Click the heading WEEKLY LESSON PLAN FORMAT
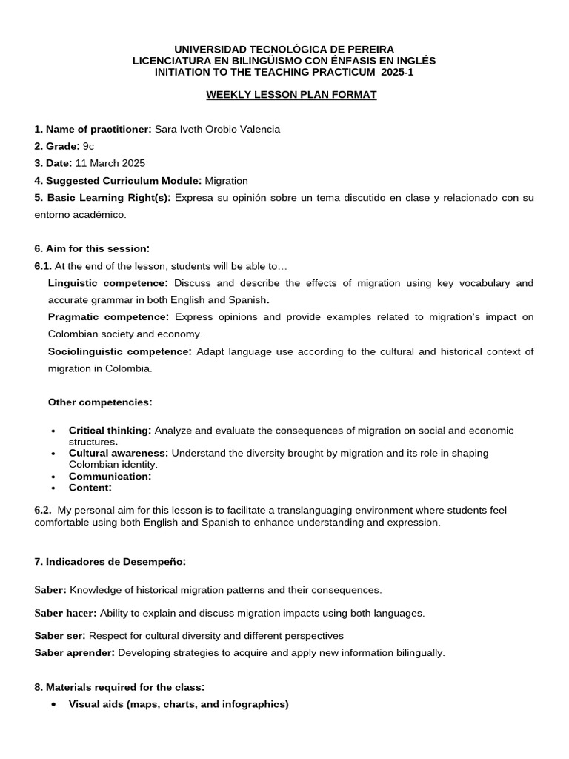click(291, 96)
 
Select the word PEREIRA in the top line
click(368, 49)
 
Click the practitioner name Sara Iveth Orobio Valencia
click(217, 130)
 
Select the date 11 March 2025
click(110, 163)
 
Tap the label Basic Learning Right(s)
click(102, 198)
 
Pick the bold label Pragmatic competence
click(108, 317)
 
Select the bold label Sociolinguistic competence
click(119, 351)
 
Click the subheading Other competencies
click(100, 402)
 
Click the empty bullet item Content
click(90, 488)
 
